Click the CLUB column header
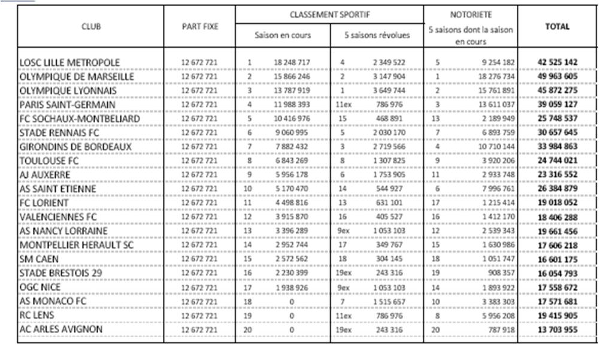[x=91, y=26]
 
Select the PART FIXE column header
[x=200, y=26]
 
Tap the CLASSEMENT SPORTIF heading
[x=329, y=14]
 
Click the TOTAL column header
[x=557, y=26]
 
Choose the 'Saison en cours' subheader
[x=283, y=35]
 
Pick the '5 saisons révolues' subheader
[x=377, y=35]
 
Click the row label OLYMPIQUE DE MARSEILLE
[x=77, y=77]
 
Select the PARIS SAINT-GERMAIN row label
[x=67, y=105]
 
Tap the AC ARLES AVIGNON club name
[x=61, y=329]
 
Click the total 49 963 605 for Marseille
[x=557, y=77]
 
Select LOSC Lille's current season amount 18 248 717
[x=292, y=62]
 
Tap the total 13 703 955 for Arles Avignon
[x=557, y=329]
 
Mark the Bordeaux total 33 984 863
[x=557, y=147]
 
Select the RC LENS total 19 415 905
[x=557, y=316]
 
